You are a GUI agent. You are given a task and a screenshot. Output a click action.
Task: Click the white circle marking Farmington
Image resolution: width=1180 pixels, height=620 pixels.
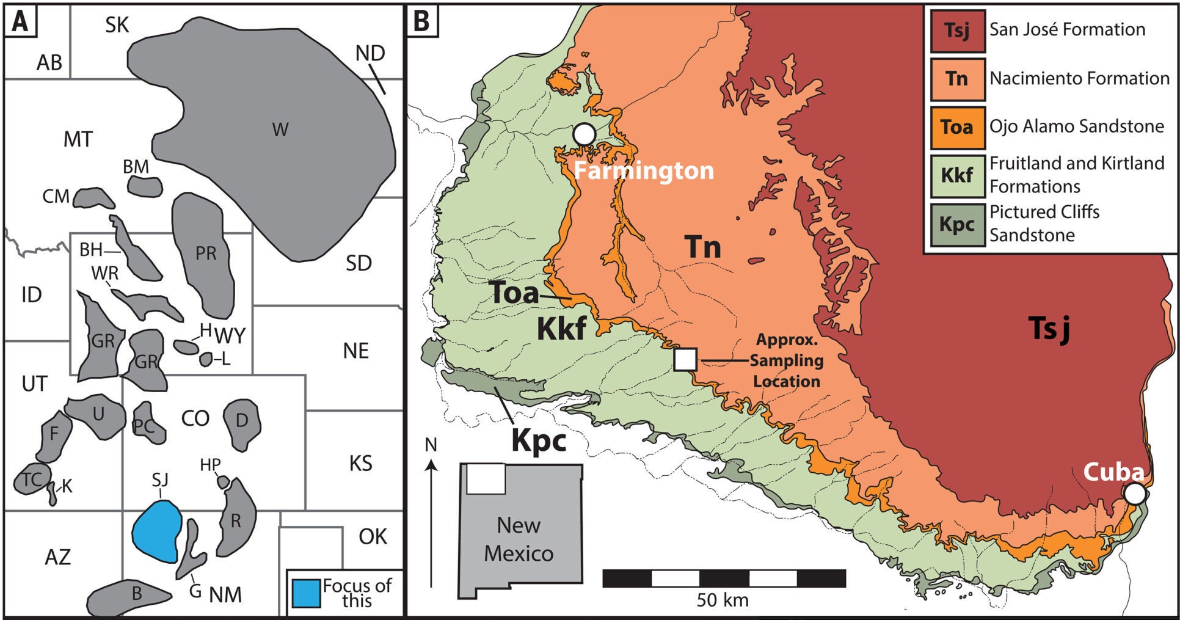585,133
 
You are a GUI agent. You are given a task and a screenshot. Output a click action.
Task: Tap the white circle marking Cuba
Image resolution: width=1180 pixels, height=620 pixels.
1135,494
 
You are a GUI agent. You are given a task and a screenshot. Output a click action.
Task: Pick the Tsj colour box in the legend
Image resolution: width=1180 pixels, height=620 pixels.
957,30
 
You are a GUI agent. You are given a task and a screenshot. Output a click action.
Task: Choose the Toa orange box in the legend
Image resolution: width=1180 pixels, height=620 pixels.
957,127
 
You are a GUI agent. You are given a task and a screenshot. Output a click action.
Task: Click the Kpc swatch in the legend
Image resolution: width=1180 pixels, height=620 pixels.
957,224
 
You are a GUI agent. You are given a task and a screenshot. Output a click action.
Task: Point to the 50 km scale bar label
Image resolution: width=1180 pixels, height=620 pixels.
723,600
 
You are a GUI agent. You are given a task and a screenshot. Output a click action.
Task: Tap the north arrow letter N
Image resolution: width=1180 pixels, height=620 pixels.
431,445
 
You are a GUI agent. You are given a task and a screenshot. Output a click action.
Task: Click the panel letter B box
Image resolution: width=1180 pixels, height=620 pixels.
422,21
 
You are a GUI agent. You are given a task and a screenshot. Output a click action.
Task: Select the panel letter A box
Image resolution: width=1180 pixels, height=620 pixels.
21,21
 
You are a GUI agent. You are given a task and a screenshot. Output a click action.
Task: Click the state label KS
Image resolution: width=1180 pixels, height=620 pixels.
360,463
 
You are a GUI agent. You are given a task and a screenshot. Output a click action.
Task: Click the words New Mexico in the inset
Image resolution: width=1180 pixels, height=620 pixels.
519,539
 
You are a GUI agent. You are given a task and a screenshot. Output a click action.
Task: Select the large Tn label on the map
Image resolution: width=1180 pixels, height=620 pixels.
702,247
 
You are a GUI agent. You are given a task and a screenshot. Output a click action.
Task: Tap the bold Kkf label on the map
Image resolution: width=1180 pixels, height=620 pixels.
561,329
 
